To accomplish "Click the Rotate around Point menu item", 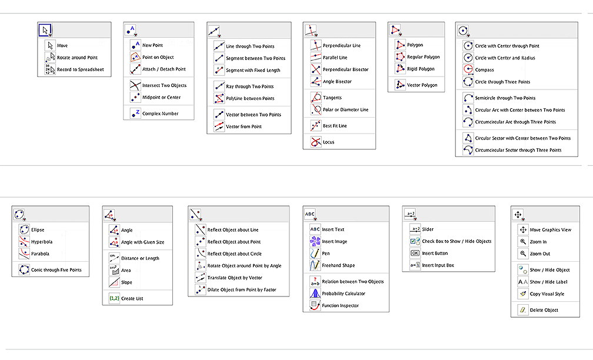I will point(77,58).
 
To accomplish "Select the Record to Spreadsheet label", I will point(80,69).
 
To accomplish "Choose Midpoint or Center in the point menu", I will point(161,98).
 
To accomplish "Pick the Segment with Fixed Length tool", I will point(253,71).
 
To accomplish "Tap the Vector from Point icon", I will point(219,126).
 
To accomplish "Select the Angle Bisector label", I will point(337,82).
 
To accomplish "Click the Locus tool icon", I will point(315,142).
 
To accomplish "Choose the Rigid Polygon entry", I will point(421,69).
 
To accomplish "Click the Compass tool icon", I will point(468,70).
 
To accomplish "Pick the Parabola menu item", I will point(40,254).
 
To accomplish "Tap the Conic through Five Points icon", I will point(24,270).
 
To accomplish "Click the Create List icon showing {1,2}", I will point(114,298).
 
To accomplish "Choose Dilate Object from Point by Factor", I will point(241,289).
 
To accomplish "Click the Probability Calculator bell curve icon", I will point(315,294).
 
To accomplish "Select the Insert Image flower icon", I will point(315,241).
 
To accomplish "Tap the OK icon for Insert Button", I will point(415,254).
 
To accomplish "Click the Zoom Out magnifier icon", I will point(522,254).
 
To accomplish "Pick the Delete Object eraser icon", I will point(522,310).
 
